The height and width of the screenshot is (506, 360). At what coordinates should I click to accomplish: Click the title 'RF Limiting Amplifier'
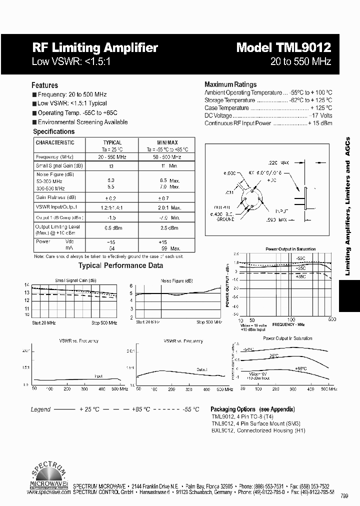pos(95,47)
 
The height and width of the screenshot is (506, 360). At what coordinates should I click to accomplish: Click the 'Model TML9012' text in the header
pos(283,47)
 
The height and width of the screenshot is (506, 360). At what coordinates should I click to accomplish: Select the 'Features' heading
pos(44,85)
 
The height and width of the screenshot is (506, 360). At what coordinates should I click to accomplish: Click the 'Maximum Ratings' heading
pos(230,84)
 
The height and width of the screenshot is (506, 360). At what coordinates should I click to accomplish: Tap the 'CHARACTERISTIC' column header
pos(55,142)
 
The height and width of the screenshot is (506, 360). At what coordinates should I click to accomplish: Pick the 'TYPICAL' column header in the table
pos(112,142)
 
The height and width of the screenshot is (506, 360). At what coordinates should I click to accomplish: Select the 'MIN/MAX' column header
pos(167,142)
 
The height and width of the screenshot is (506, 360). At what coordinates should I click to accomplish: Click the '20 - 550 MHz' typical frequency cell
pos(112,157)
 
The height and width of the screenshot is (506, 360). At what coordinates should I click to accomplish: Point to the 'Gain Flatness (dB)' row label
pos(56,197)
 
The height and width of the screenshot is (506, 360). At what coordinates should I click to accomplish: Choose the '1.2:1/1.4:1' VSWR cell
pos(112,207)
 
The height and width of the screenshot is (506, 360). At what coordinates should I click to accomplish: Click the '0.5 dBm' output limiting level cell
pos(112,228)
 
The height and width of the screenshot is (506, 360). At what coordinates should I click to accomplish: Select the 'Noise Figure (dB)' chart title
pos(176,280)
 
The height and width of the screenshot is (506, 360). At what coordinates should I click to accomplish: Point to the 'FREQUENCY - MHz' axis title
pos(285,324)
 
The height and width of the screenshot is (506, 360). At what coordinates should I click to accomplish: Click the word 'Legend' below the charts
pos(40,409)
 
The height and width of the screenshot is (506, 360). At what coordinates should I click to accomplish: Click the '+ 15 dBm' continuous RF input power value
pos(320,123)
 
